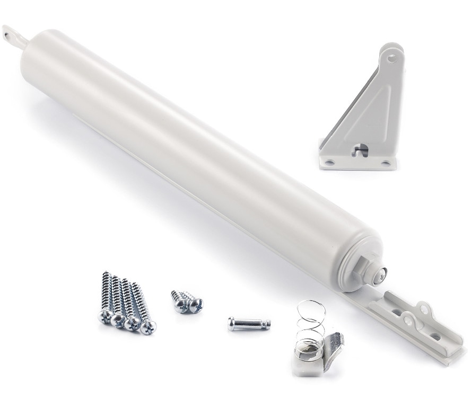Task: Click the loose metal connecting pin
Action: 248,323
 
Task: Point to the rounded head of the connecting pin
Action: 232,323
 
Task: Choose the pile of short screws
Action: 186,301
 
